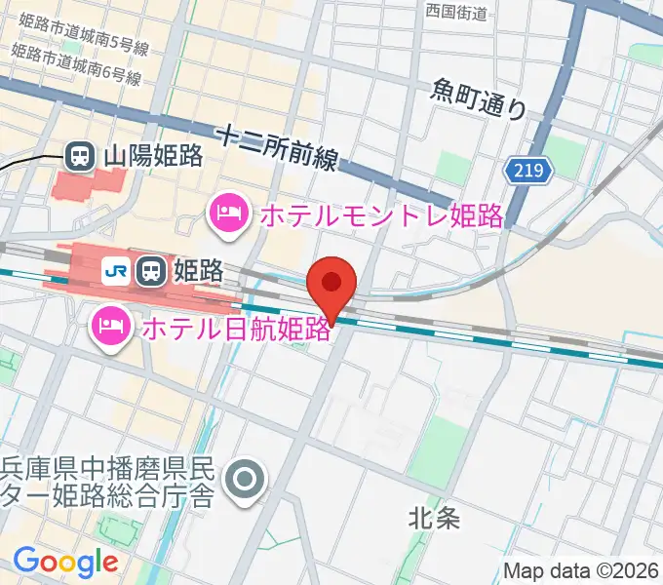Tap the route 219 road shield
click(528, 172)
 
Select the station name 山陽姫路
click(152, 154)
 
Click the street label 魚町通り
click(478, 98)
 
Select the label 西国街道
click(456, 11)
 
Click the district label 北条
click(433, 519)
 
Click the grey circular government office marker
click(244, 481)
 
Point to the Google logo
click(65, 562)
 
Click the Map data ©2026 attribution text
click(582, 570)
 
